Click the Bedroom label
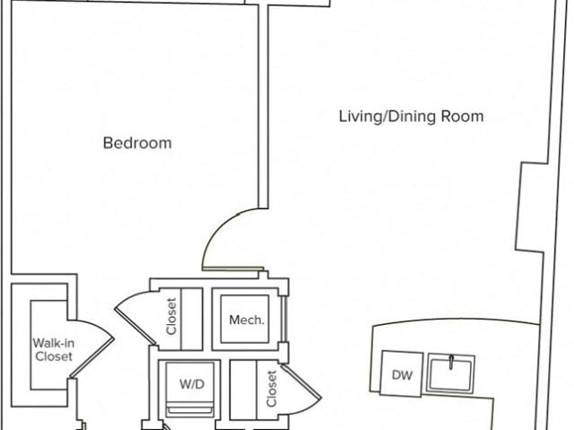[x=137, y=143]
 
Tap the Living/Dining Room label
[x=411, y=117]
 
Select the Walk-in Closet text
[x=54, y=350]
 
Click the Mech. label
[x=247, y=320]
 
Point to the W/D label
[x=192, y=384]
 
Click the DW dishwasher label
[x=402, y=375]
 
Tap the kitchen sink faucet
[x=452, y=363]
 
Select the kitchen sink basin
[x=450, y=374]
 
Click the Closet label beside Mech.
[x=171, y=316]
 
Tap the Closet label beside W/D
[x=272, y=389]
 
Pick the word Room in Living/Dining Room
[x=462, y=117]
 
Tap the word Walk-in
[x=54, y=343]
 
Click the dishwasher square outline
[x=402, y=373]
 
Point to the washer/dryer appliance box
[x=189, y=389]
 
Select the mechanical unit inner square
[x=245, y=319]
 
